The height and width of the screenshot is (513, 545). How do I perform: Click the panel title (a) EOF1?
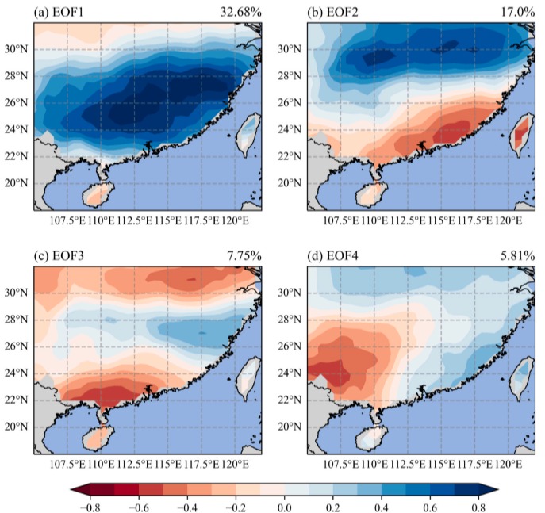tap(59, 12)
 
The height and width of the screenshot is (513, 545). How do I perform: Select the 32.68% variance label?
tap(240, 12)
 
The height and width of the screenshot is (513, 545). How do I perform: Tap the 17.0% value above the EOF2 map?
tap(517, 12)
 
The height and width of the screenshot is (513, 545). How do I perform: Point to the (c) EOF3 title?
tap(59, 256)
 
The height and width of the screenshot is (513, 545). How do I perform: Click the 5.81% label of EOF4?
tap(517, 256)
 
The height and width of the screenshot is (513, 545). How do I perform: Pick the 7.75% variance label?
tap(244, 256)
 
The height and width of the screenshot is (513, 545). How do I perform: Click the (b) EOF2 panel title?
tap(332, 12)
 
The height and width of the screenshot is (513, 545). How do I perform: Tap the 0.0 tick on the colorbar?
tap(284, 507)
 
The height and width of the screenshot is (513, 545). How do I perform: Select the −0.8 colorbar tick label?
tap(90, 507)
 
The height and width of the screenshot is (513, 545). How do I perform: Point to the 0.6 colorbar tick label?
tap(430, 507)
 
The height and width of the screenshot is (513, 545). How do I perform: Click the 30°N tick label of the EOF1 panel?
tap(16, 49)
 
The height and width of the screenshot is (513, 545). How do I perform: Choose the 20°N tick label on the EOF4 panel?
tap(290, 427)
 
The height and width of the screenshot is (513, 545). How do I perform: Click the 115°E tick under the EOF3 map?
tap(168, 465)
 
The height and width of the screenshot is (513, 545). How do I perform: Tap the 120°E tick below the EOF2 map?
tap(509, 220)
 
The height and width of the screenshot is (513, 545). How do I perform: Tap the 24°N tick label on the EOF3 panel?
tap(16, 373)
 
